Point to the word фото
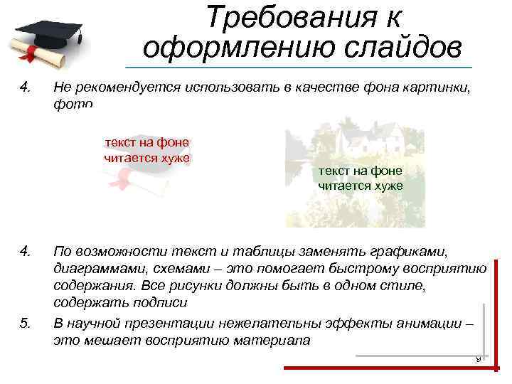(x=73, y=104)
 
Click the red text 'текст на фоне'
(x=146, y=142)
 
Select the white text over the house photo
(x=361, y=178)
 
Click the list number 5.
(x=26, y=324)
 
